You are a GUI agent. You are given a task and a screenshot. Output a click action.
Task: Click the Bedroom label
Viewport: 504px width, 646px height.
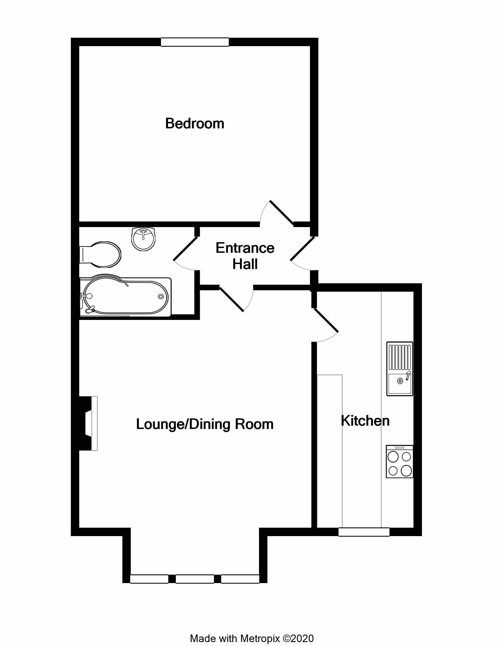point(195,123)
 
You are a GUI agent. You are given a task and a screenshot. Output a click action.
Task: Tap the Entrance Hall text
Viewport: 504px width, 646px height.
point(245,256)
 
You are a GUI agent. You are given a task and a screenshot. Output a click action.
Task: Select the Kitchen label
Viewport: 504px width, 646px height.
point(365,421)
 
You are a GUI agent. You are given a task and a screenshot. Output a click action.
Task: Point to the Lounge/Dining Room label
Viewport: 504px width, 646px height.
point(205,424)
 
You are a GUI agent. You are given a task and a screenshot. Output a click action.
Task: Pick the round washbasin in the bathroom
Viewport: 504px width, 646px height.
point(143,239)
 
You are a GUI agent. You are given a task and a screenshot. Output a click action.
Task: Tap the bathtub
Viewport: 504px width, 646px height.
point(125,297)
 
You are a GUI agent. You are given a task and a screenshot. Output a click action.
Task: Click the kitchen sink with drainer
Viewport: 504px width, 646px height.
point(400,369)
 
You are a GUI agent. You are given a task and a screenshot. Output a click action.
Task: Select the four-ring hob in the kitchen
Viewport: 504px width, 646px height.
point(400,461)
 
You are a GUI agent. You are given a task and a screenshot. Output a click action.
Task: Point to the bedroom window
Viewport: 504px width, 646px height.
point(195,42)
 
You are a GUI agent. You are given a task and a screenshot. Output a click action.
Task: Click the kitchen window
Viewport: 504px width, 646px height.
point(364,532)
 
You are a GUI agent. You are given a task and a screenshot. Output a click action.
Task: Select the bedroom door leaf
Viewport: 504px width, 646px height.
point(282,213)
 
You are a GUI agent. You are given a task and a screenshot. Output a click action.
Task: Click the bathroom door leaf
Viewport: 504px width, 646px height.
point(185,249)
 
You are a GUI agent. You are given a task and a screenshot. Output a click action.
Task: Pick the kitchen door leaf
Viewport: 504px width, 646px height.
point(326,320)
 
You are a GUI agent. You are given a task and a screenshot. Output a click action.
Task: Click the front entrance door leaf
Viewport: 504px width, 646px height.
point(302,249)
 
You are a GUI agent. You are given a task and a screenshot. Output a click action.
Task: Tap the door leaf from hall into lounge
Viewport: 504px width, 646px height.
point(232,299)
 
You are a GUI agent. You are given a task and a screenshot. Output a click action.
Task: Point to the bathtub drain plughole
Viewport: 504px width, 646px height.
point(161,296)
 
